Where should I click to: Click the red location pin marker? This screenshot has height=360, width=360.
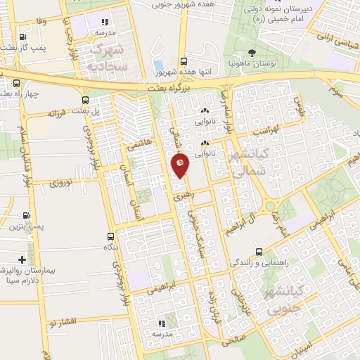[180, 165]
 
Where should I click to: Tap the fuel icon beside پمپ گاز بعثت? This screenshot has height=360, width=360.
[23, 37]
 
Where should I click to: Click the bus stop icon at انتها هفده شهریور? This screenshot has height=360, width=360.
[184, 61]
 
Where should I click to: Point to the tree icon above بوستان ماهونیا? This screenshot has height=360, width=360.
[252, 53]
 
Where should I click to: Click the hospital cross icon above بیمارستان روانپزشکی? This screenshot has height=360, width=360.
[23, 259]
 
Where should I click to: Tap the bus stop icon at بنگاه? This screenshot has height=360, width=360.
[110, 236]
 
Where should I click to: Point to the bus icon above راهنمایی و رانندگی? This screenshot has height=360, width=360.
[259, 252]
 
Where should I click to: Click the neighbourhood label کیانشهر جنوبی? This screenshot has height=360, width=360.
[279, 297]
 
